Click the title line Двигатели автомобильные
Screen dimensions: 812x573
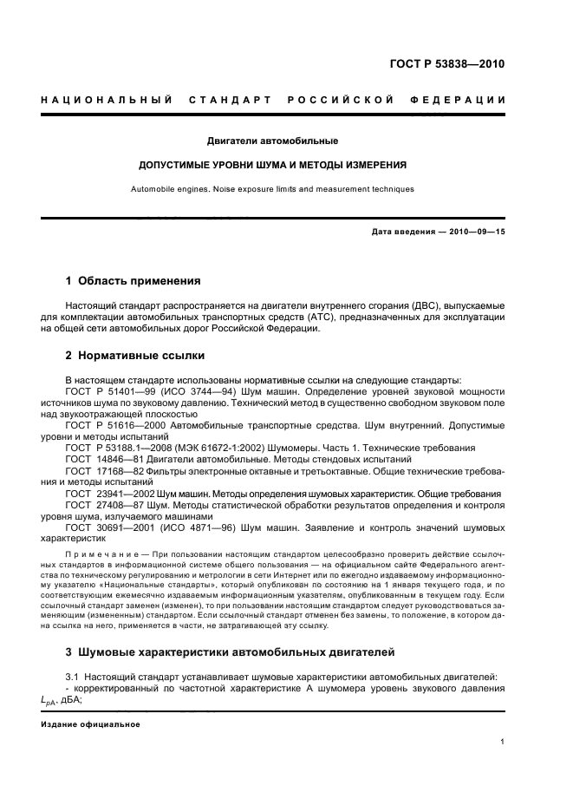click(272, 141)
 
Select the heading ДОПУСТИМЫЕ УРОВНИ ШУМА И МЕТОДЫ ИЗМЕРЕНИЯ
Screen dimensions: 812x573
click(273, 164)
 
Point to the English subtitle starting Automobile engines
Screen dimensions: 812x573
click(272, 188)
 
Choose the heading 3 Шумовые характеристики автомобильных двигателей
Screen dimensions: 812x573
click(231, 652)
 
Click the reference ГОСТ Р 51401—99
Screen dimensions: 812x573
click(107, 392)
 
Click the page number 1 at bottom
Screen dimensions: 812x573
click(503, 742)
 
